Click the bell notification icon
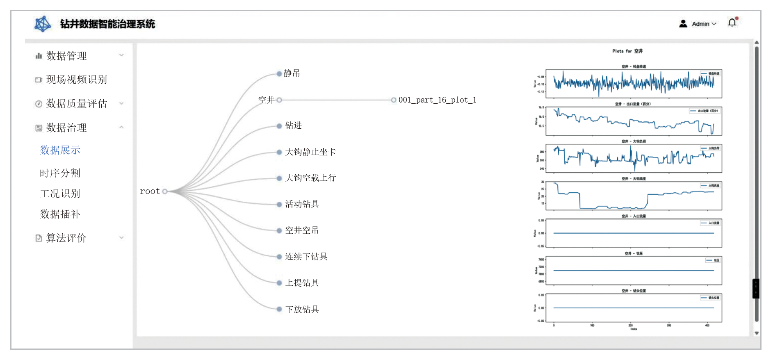(732, 23)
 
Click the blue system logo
(43, 24)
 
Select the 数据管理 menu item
(66, 56)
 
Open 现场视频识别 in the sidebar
(76, 80)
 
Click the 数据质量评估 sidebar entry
(76, 103)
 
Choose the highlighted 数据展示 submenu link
(60, 150)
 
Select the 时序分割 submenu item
(60, 173)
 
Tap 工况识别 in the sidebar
(60, 194)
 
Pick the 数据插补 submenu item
(60, 214)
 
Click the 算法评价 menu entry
(66, 238)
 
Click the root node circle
(165, 191)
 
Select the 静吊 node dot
(279, 74)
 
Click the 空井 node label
(266, 100)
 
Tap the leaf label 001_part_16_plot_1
(437, 100)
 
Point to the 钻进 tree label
(294, 125)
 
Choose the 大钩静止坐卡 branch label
(310, 152)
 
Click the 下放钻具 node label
(302, 310)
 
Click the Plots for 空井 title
(627, 51)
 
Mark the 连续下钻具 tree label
(306, 257)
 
